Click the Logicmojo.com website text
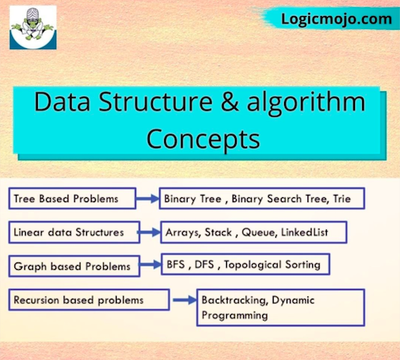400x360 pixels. click(x=336, y=19)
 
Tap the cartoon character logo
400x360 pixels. click(x=33, y=27)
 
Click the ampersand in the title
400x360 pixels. click(x=229, y=101)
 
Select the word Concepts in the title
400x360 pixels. click(x=203, y=139)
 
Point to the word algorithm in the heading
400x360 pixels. click(x=306, y=103)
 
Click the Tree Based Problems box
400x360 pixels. click(x=72, y=199)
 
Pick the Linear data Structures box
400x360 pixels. click(x=74, y=233)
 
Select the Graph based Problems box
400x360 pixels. click(x=74, y=267)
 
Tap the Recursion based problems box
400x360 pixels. click(x=89, y=300)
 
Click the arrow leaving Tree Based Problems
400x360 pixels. click(x=147, y=199)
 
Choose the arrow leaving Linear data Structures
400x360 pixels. click(x=150, y=233)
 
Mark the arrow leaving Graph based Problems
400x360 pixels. click(x=151, y=265)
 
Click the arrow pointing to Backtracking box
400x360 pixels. click(x=185, y=300)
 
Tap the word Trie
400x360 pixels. click(x=342, y=199)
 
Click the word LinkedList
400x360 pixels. click(x=304, y=233)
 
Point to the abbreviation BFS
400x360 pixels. click(x=175, y=265)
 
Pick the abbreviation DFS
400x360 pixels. click(x=204, y=265)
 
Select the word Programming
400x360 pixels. click(x=235, y=315)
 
